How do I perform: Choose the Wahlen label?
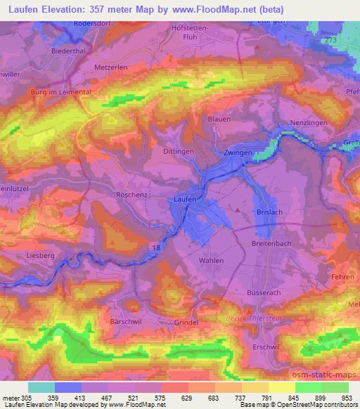[211, 260]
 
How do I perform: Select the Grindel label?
[187, 323]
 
